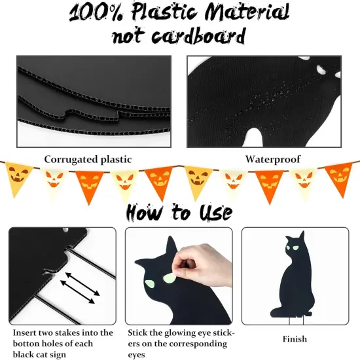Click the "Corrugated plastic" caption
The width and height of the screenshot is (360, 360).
pos(88,159)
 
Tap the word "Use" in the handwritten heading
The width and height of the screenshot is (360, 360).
pos(214,212)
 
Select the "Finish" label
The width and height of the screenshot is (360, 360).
pos(295,339)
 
